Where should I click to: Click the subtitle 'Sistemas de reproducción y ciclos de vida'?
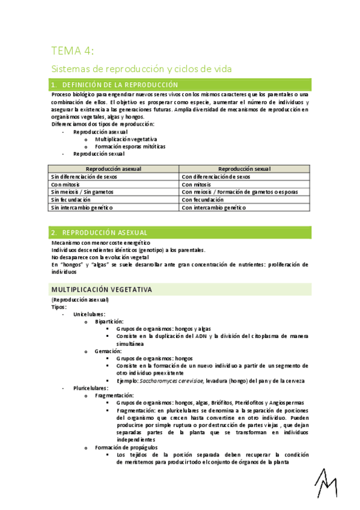[x=142, y=69]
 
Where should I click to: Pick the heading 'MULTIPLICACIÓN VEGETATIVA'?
[x=102, y=290]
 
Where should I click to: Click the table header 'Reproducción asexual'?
[x=114, y=169]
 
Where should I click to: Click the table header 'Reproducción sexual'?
[x=245, y=169]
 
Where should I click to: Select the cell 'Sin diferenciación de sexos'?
[x=84, y=177]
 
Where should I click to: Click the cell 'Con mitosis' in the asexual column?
[x=66, y=184]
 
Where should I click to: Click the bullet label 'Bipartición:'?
[x=109, y=322]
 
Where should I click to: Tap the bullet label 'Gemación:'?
[x=108, y=351]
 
